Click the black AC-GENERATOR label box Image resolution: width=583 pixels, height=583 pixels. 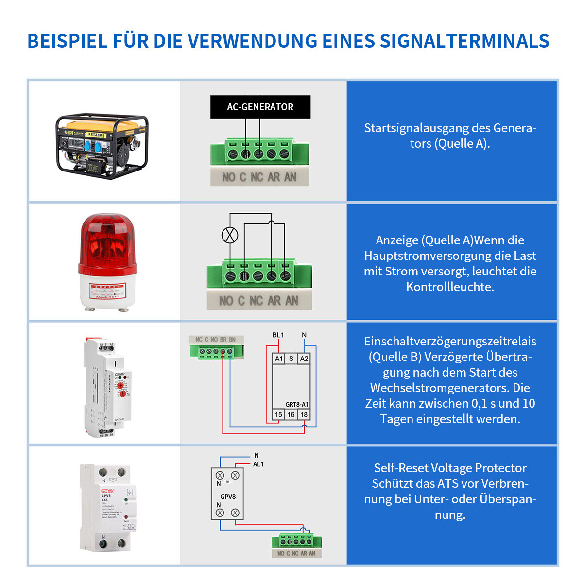260,107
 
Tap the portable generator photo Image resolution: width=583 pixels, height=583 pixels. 102,146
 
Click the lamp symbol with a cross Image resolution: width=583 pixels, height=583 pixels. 230,235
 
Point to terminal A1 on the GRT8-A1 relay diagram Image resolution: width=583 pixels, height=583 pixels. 278,359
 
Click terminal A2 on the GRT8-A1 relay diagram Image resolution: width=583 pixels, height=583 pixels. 304,359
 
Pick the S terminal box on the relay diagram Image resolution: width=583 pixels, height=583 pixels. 291,359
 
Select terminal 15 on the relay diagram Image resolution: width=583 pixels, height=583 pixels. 278,415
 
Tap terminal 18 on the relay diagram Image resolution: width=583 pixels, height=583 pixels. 304,415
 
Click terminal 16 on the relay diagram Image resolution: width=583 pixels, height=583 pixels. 291,415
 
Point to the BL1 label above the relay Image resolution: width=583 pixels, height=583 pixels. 278,335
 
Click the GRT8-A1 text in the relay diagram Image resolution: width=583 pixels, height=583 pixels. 297,404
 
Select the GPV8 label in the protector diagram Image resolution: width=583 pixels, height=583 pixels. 228,497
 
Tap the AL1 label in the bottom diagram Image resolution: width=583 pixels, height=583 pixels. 258,464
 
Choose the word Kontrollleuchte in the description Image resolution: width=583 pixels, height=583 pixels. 450,287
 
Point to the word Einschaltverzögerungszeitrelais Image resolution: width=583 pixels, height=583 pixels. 450,341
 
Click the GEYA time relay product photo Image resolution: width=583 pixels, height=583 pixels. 106,387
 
